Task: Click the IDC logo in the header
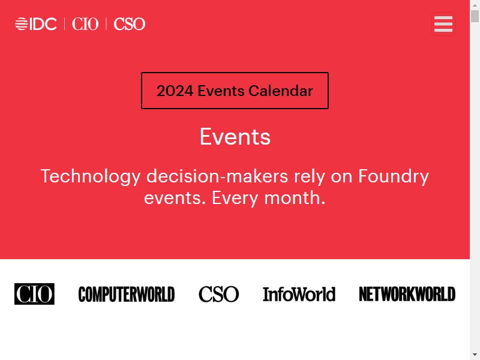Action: (36, 24)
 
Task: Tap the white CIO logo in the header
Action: (85, 24)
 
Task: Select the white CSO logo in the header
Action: (130, 24)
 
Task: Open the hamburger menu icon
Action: (443, 24)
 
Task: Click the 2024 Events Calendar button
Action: (235, 91)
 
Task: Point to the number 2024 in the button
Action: (175, 91)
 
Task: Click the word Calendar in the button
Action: (281, 91)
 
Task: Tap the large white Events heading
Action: (235, 137)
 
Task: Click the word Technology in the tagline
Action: (91, 177)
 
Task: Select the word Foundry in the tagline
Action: (394, 177)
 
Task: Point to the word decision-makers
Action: (217, 176)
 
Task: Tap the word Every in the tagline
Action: (235, 199)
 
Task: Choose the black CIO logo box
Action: (34, 294)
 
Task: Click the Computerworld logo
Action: (127, 294)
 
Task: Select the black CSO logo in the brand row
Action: (218, 294)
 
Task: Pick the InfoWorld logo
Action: (299, 294)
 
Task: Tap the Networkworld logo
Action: (407, 294)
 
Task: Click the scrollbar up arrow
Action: (475, 5)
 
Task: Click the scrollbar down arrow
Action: (475, 355)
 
